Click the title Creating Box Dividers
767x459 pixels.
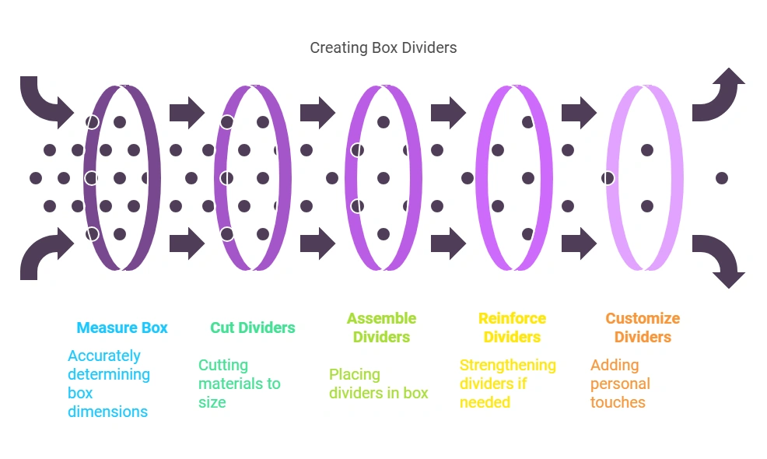tap(383, 47)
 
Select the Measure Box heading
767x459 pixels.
tap(122, 328)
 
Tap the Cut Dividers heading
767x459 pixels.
tap(253, 328)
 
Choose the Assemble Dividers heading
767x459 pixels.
tap(381, 328)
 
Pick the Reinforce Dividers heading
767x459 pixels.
tap(512, 328)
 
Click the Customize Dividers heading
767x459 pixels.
tap(643, 328)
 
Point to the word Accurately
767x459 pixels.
tap(104, 356)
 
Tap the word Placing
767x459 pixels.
tap(355, 374)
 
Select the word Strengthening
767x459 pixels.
tap(507, 365)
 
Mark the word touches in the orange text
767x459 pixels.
tap(618, 402)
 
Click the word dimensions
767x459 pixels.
tap(108, 412)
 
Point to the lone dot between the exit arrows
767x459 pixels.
tap(721, 178)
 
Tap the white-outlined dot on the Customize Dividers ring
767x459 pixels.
tap(608, 178)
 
